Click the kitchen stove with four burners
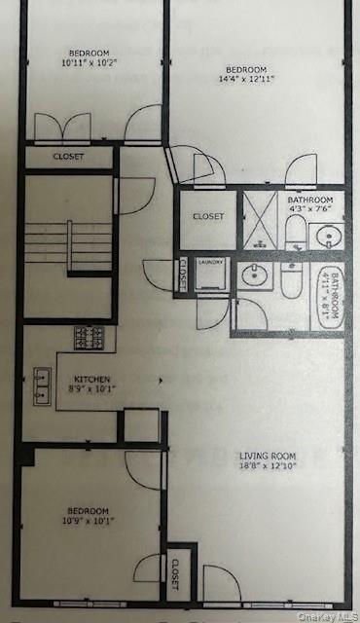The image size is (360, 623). coord(90,338)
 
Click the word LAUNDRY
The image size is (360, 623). coord(211,262)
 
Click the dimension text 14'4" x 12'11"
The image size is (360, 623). coord(246,81)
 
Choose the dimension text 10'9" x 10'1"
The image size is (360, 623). coord(88,521)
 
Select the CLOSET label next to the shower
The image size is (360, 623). coord(208,216)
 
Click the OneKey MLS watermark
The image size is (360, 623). coord(325,615)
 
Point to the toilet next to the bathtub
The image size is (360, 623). coord(292,281)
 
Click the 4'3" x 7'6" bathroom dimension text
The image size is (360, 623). coord(310,207)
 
